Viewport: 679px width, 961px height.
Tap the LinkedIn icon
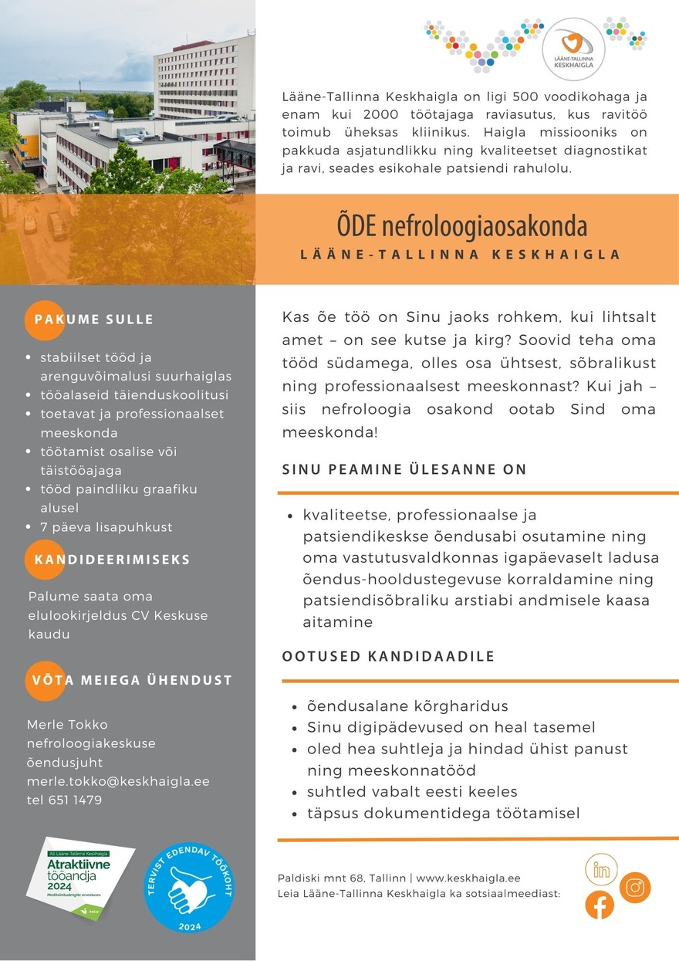point(601,870)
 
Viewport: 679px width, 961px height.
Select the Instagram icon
point(634,888)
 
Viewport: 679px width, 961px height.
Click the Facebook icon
point(600,905)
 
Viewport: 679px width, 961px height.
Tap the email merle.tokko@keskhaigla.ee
point(118,781)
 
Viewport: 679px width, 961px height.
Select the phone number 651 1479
point(74,800)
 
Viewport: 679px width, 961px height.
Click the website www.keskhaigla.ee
point(468,878)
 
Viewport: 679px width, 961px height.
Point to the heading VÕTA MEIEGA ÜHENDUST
point(132,680)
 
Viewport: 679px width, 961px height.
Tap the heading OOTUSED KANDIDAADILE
point(388,657)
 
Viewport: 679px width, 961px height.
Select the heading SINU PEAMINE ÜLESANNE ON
point(404,469)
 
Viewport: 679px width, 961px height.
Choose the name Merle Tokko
point(67,725)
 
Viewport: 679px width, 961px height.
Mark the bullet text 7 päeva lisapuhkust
point(106,527)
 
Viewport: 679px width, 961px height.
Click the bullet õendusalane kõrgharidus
point(407,706)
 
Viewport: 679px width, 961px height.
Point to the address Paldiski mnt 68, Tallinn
point(341,878)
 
